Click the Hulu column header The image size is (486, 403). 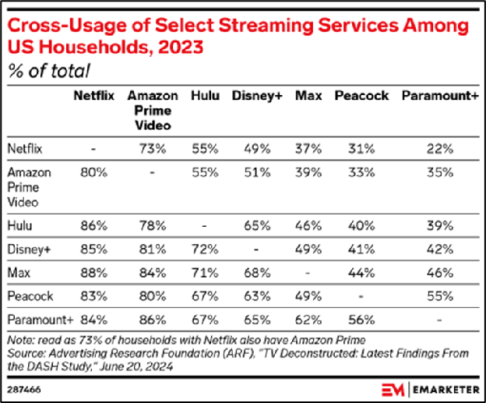click(205, 97)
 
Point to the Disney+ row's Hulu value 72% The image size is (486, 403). click(205, 250)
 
